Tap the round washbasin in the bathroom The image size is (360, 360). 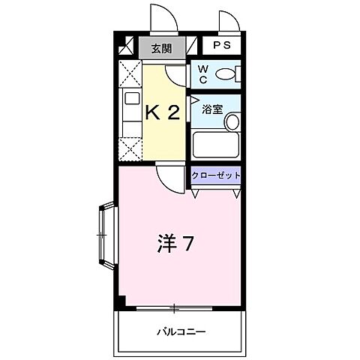[232, 121]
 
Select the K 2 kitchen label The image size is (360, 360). [162, 112]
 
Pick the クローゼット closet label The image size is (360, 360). [216, 175]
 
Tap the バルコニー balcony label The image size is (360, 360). [181, 331]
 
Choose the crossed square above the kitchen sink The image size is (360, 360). [128, 74]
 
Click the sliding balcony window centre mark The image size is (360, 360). [174, 307]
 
